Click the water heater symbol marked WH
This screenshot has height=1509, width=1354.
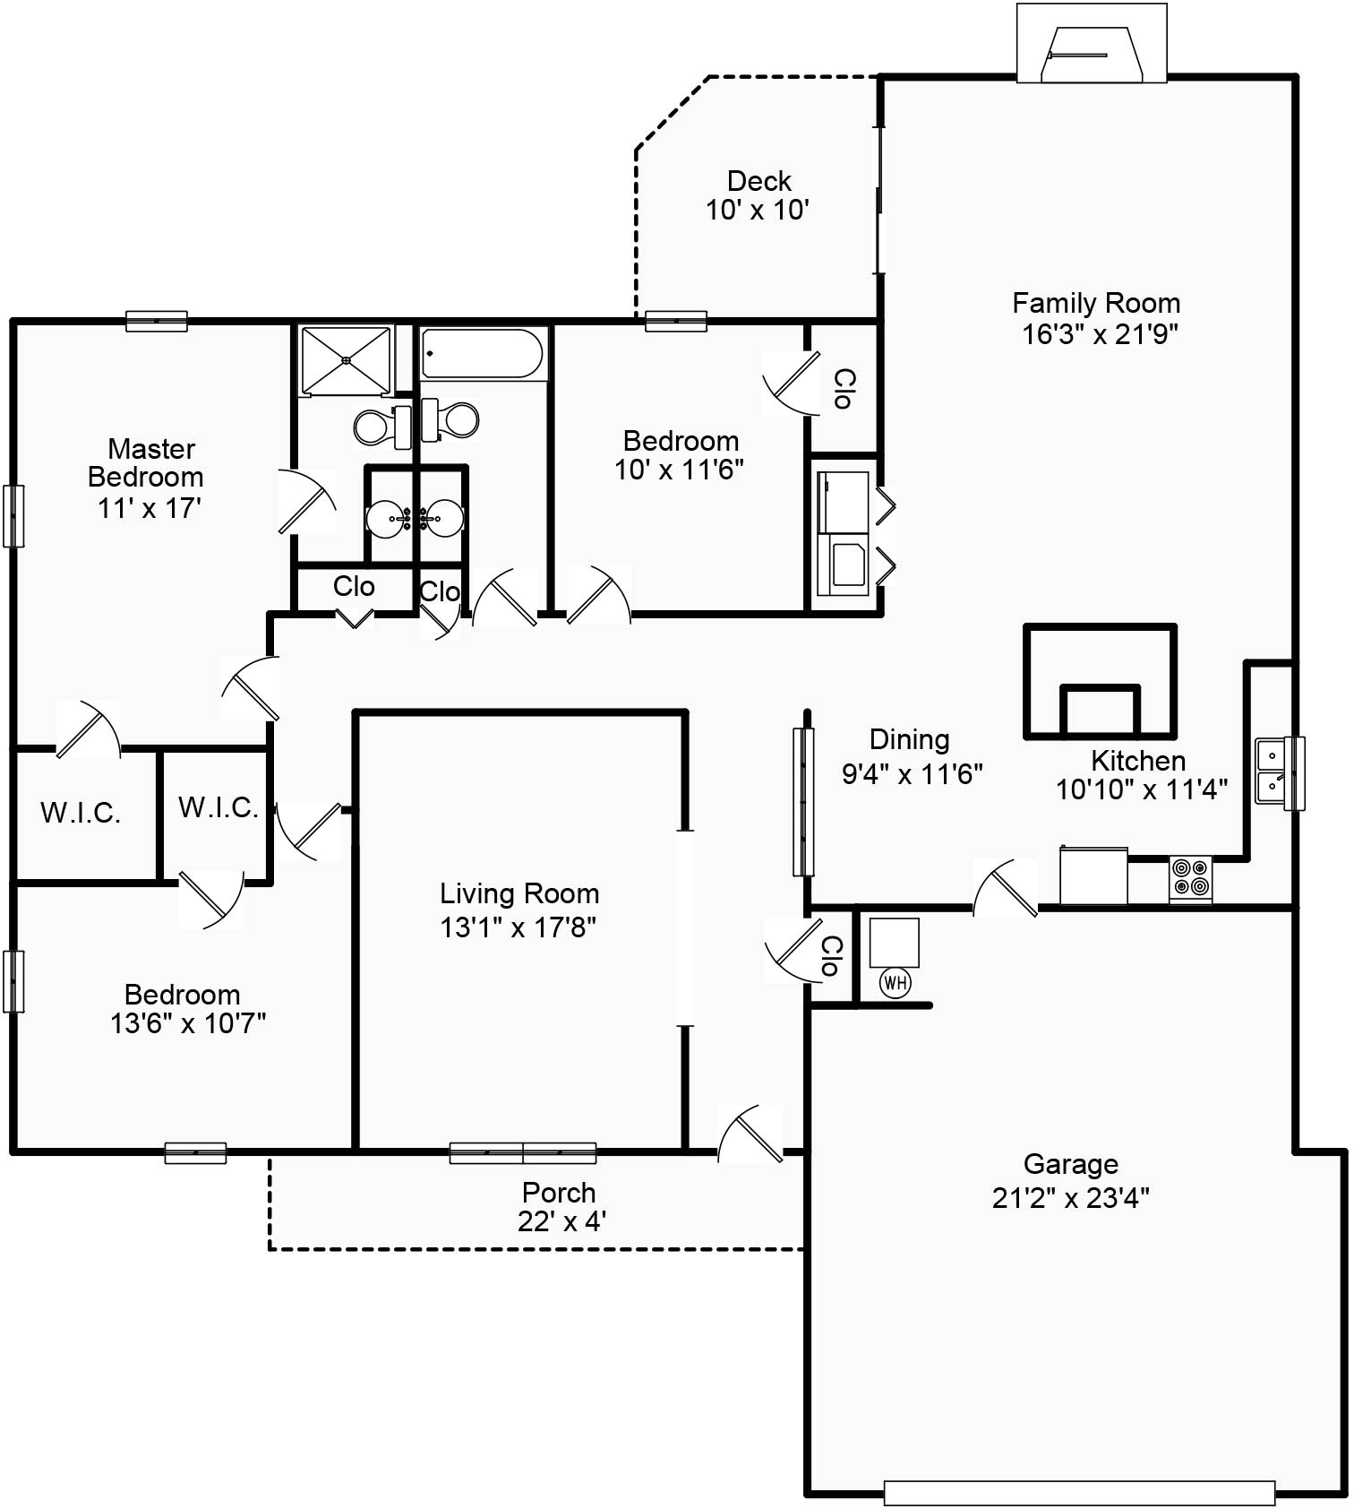point(896,983)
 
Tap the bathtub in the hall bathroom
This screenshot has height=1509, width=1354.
point(483,353)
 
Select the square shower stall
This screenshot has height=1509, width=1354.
point(347,360)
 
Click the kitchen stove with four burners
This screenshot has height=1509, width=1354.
point(1190,877)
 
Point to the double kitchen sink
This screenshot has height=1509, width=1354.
point(1271,771)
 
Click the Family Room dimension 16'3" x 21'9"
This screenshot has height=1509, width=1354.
point(1100,334)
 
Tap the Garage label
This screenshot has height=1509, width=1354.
point(1070,1164)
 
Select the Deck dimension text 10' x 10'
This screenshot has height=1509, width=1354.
point(758,211)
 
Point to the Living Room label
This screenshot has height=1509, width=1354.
point(519,893)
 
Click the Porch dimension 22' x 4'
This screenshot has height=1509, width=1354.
point(561,1221)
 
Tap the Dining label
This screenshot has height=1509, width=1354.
point(909,740)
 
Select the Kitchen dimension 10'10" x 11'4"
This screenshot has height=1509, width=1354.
point(1141,789)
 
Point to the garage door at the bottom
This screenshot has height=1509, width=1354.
point(1079,1492)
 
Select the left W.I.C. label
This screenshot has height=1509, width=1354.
point(81,813)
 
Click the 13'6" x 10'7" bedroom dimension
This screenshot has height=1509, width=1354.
point(188,1023)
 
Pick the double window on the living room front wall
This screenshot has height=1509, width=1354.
point(523,1153)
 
